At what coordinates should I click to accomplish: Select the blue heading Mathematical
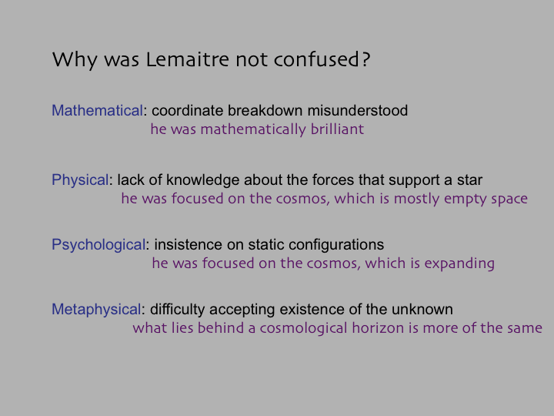coord(97,110)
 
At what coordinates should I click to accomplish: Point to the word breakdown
coord(265,110)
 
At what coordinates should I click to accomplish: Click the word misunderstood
coord(358,110)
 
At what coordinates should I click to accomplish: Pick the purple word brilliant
coord(338,129)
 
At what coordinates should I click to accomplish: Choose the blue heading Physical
coord(80,180)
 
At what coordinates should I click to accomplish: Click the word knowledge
coord(203,180)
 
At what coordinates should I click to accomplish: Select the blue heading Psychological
coord(98,245)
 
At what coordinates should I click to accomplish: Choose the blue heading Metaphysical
coord(96,310)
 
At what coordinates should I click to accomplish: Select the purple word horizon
coord(378,328)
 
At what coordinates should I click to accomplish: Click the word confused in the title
coord(316,59)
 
